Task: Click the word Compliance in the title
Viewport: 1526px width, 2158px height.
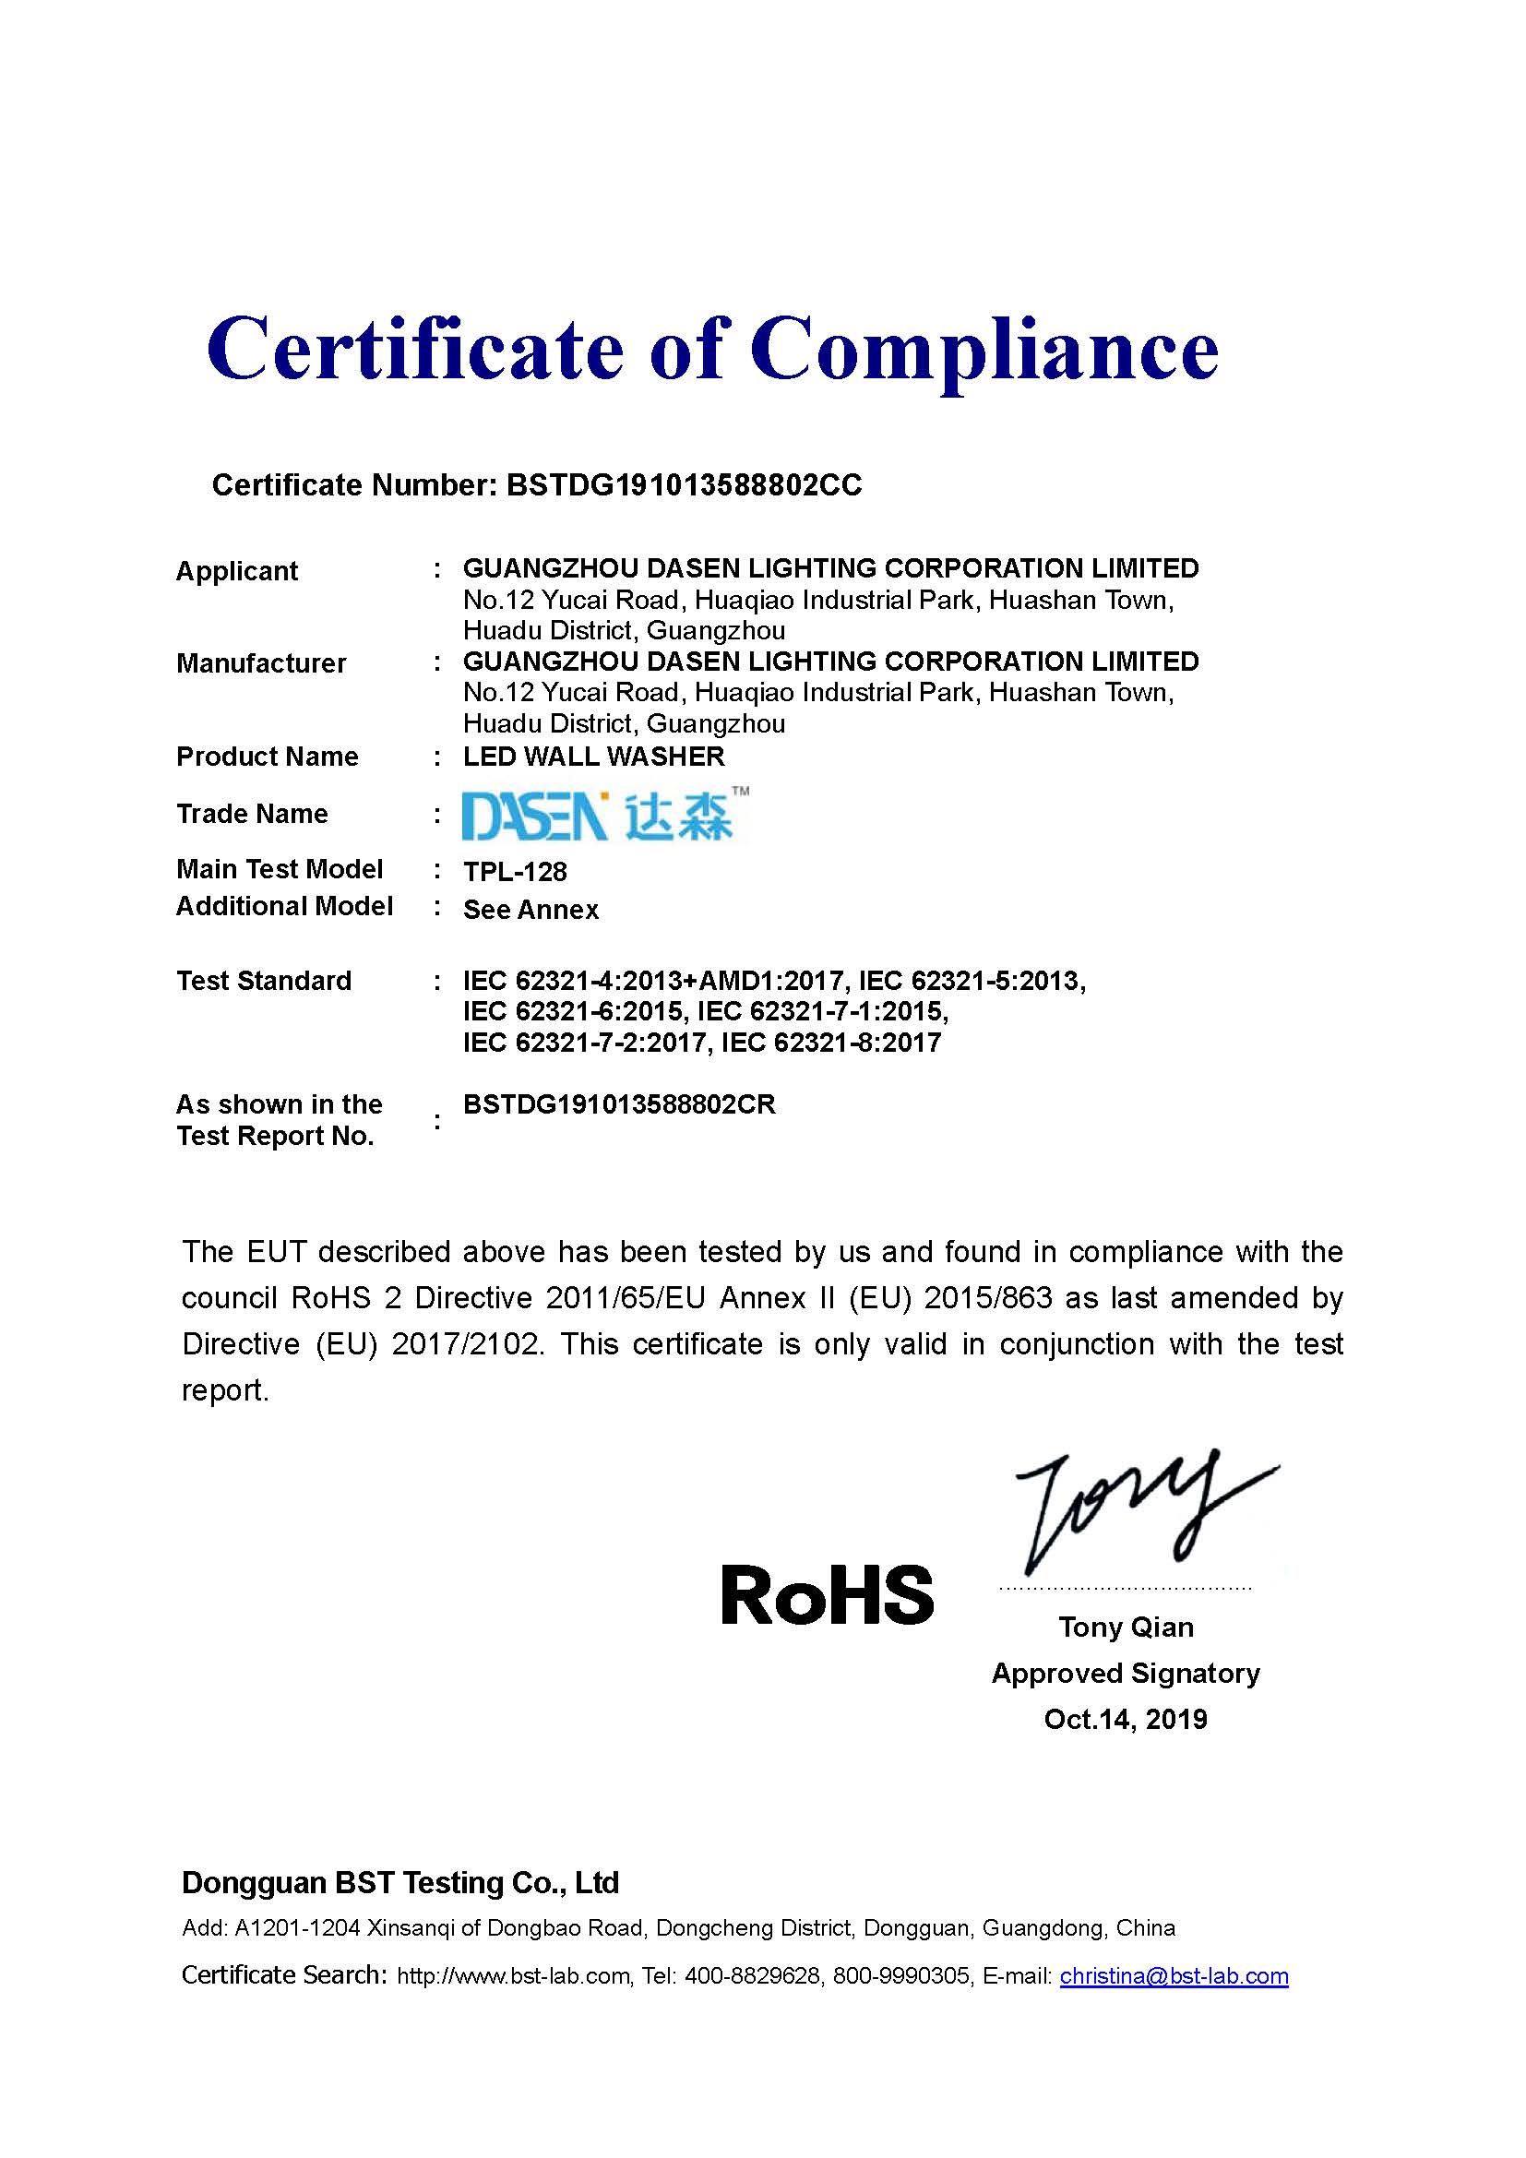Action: (x=984, y=350)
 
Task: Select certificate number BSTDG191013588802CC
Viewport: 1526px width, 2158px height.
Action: (x=683, y=485)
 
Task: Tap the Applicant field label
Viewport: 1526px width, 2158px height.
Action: (x=237, y=570)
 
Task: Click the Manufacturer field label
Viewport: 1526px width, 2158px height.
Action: (x=261, y=663)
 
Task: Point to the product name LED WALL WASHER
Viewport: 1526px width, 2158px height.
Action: (x=594, y=757)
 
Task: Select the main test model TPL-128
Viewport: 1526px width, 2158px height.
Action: (x=515, y=872)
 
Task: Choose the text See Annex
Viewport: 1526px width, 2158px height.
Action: (x=531, y=910)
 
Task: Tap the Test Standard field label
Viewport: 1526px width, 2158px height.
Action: (x=264, y=982)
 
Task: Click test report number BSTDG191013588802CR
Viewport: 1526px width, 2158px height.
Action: (x=619, y=1104)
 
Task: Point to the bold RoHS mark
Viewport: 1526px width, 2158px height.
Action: (x=827, y=1596)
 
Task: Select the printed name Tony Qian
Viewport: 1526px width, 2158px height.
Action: (x=1126, y=1627)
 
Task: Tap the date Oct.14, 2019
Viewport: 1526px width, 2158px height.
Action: (x=1126, y=1719)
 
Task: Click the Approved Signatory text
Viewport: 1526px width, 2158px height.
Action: (x=1126, y=1673)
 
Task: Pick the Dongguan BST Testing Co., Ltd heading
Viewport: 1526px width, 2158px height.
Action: (x=400, y=1883)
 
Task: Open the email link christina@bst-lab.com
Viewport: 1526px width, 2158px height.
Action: (x=1174, y=1975)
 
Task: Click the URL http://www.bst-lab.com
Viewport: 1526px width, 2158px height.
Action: (x=513, y=1976)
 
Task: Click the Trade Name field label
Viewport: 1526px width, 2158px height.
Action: (x=253, y=814)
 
